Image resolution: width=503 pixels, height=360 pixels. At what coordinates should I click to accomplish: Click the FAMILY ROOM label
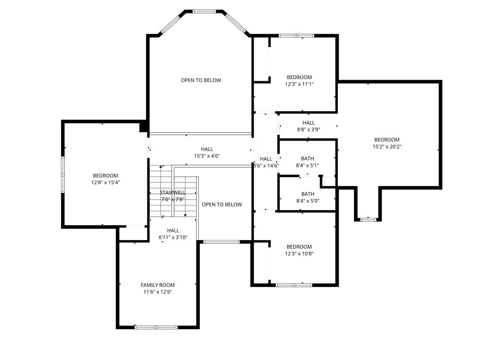[158, 285]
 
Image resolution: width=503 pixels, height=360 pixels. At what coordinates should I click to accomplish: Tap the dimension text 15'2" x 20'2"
[387, 147]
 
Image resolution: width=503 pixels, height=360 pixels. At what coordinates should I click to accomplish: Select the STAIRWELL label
[172, 192]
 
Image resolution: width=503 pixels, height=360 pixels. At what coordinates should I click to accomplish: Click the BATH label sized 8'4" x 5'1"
[307, 158]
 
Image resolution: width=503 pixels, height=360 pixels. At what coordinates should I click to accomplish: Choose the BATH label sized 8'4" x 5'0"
[307, 194]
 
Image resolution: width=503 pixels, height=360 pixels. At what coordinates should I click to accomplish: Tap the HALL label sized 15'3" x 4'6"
[207, 149]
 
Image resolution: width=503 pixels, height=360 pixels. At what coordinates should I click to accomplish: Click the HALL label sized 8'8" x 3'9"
[308, 123]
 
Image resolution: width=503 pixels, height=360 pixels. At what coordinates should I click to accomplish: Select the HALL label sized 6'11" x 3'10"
[173, 230]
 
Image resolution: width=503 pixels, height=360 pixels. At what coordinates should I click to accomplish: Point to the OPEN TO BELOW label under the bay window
[201, 80]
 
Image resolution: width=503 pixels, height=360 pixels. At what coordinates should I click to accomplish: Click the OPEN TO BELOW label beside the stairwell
[222, 204]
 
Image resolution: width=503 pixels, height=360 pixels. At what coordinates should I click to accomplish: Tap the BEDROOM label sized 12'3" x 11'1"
[299, 77]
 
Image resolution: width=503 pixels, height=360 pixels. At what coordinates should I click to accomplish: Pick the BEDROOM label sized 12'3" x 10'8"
[299, 247]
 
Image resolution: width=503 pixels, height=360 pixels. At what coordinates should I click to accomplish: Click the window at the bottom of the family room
[156, 327]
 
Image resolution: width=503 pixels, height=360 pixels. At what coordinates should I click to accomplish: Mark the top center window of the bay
[204, 12]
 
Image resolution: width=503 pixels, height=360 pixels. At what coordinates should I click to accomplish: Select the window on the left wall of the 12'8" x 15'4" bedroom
[63, 174]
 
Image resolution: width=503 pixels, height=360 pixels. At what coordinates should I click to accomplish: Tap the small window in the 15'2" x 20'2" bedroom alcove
[368, 219]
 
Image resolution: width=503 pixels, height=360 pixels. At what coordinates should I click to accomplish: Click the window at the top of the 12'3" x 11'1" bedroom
[296, 36]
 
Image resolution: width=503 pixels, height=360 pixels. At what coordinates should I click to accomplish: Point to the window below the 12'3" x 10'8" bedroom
[294, 285]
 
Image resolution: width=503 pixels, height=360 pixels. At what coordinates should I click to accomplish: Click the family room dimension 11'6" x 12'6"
[158, 292]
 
